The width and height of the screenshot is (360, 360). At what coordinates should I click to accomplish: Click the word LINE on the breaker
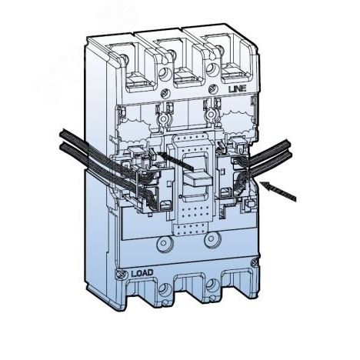[237, 89]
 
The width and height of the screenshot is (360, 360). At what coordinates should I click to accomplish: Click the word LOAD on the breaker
[142, 273]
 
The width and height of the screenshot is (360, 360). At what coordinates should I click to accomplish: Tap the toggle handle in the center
[198, 179]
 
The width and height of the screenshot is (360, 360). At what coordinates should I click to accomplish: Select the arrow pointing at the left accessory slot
[175, 161]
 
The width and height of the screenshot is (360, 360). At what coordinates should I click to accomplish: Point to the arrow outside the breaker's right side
[278, 191]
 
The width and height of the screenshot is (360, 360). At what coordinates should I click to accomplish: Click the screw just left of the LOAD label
[119, 275]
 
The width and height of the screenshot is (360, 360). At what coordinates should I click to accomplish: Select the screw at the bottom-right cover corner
[255, 262]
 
